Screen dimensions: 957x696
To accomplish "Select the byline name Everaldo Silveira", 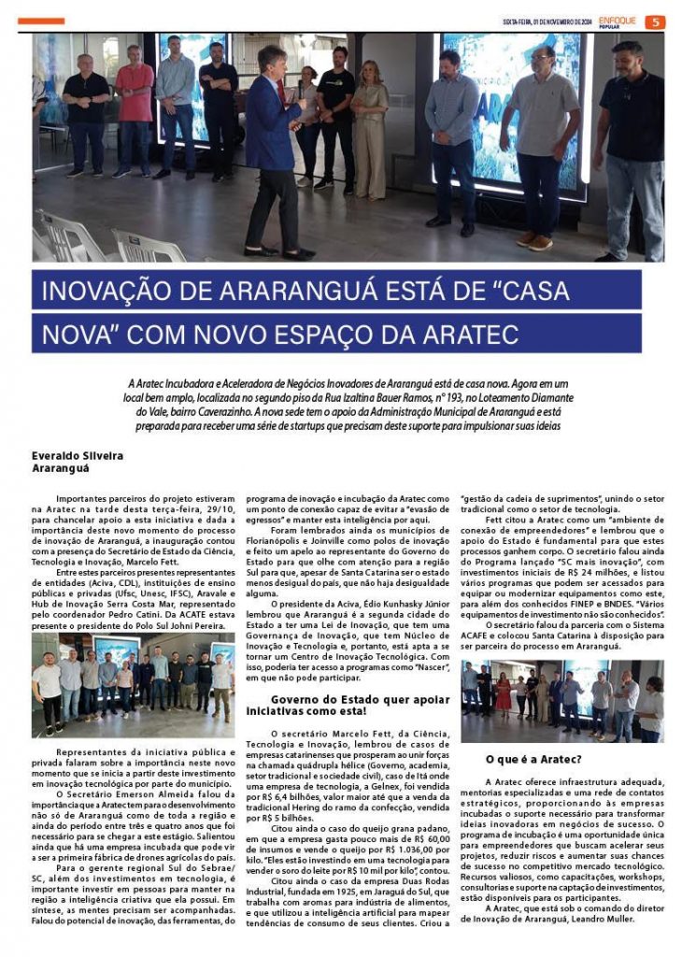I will [75, 455].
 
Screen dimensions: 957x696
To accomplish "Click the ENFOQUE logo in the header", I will [618, 20].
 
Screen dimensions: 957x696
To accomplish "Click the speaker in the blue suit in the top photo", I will [275, 150].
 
